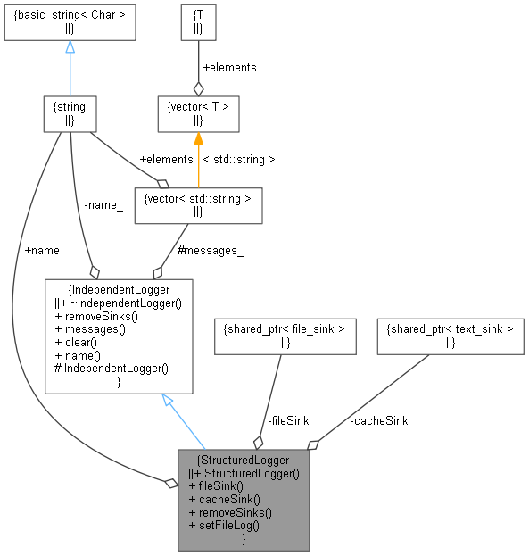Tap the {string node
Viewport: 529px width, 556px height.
point(69,113)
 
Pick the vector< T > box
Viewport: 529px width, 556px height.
point(197,113)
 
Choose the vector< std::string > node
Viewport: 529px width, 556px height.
point(197,205)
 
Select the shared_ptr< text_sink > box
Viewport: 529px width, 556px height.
point(449,335)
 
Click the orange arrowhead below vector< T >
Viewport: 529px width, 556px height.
point(198,139)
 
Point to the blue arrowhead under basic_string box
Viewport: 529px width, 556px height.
point(70,47)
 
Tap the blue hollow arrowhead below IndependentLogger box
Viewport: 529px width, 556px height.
point(168,402)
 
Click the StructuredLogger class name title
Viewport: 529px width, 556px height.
point(244,460)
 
